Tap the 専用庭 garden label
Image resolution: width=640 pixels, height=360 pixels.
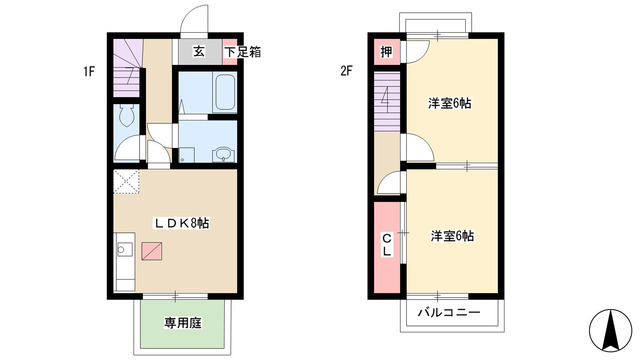tap(183, 323)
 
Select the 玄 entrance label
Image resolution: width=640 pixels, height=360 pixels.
tap(199, 51)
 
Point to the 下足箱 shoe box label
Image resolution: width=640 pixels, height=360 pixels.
tap(242, 51)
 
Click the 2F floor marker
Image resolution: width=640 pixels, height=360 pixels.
tap(347, 72)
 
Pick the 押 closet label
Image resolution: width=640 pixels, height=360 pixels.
tap(386, 52)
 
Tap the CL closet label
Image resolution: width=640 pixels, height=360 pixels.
tap(386, 245)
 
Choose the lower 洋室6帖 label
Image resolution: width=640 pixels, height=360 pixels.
tap(452, 236)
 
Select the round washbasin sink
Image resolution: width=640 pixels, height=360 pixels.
tap(222, 153)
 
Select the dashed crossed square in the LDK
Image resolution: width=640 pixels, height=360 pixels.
tap(125, 182)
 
